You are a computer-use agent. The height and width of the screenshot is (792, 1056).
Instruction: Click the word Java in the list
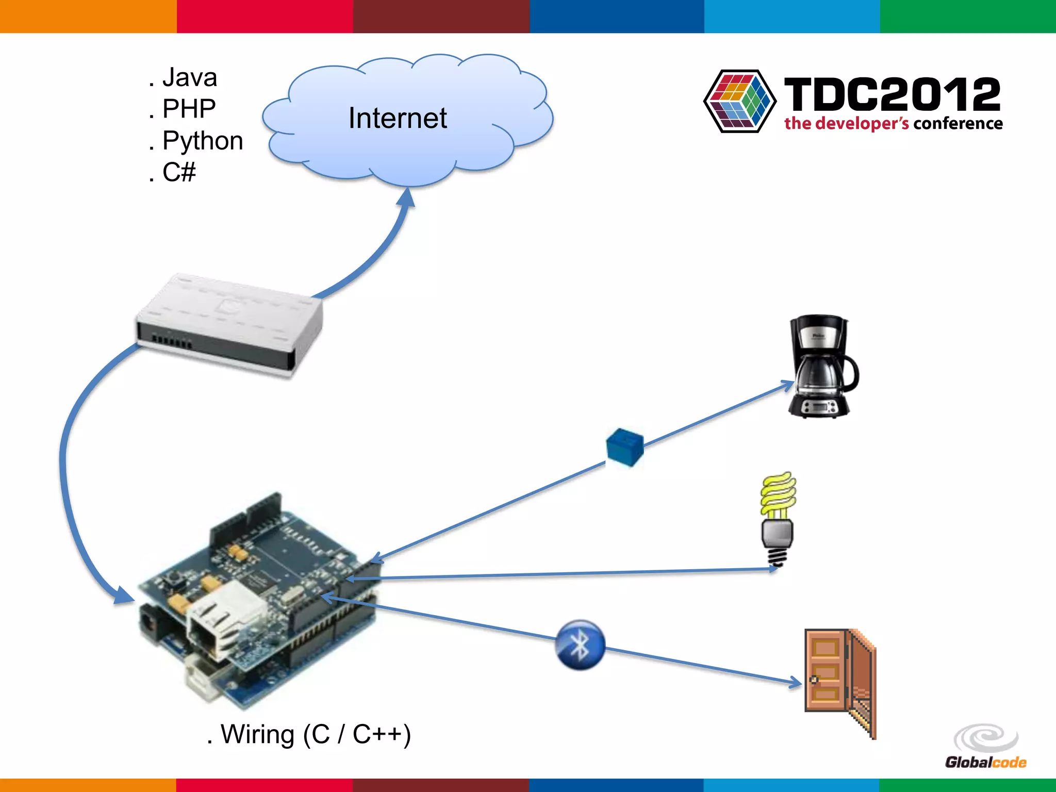click(x=189, y=78)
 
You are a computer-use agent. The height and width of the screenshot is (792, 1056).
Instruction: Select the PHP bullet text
click(x=189, y=109)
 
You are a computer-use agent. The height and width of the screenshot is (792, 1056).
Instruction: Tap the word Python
click(x=202, y=141)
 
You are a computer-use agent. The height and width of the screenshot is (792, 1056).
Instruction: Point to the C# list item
click(x=178, y=172)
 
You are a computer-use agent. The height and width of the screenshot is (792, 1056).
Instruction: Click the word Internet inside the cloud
click(x=397, y=118)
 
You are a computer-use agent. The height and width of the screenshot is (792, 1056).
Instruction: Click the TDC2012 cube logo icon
click(x=739, y=101)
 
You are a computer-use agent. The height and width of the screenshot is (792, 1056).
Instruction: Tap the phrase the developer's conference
click(x=893, y=124)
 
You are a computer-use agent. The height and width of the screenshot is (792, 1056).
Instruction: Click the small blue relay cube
click(x=625, y=447)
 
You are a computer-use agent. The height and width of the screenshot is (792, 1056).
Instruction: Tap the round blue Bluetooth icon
click(x=580, y=645)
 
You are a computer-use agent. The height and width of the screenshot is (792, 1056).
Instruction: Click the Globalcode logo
click(x=985, y=747)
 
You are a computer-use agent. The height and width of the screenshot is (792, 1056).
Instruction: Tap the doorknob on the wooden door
click(x=814, y=680)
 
